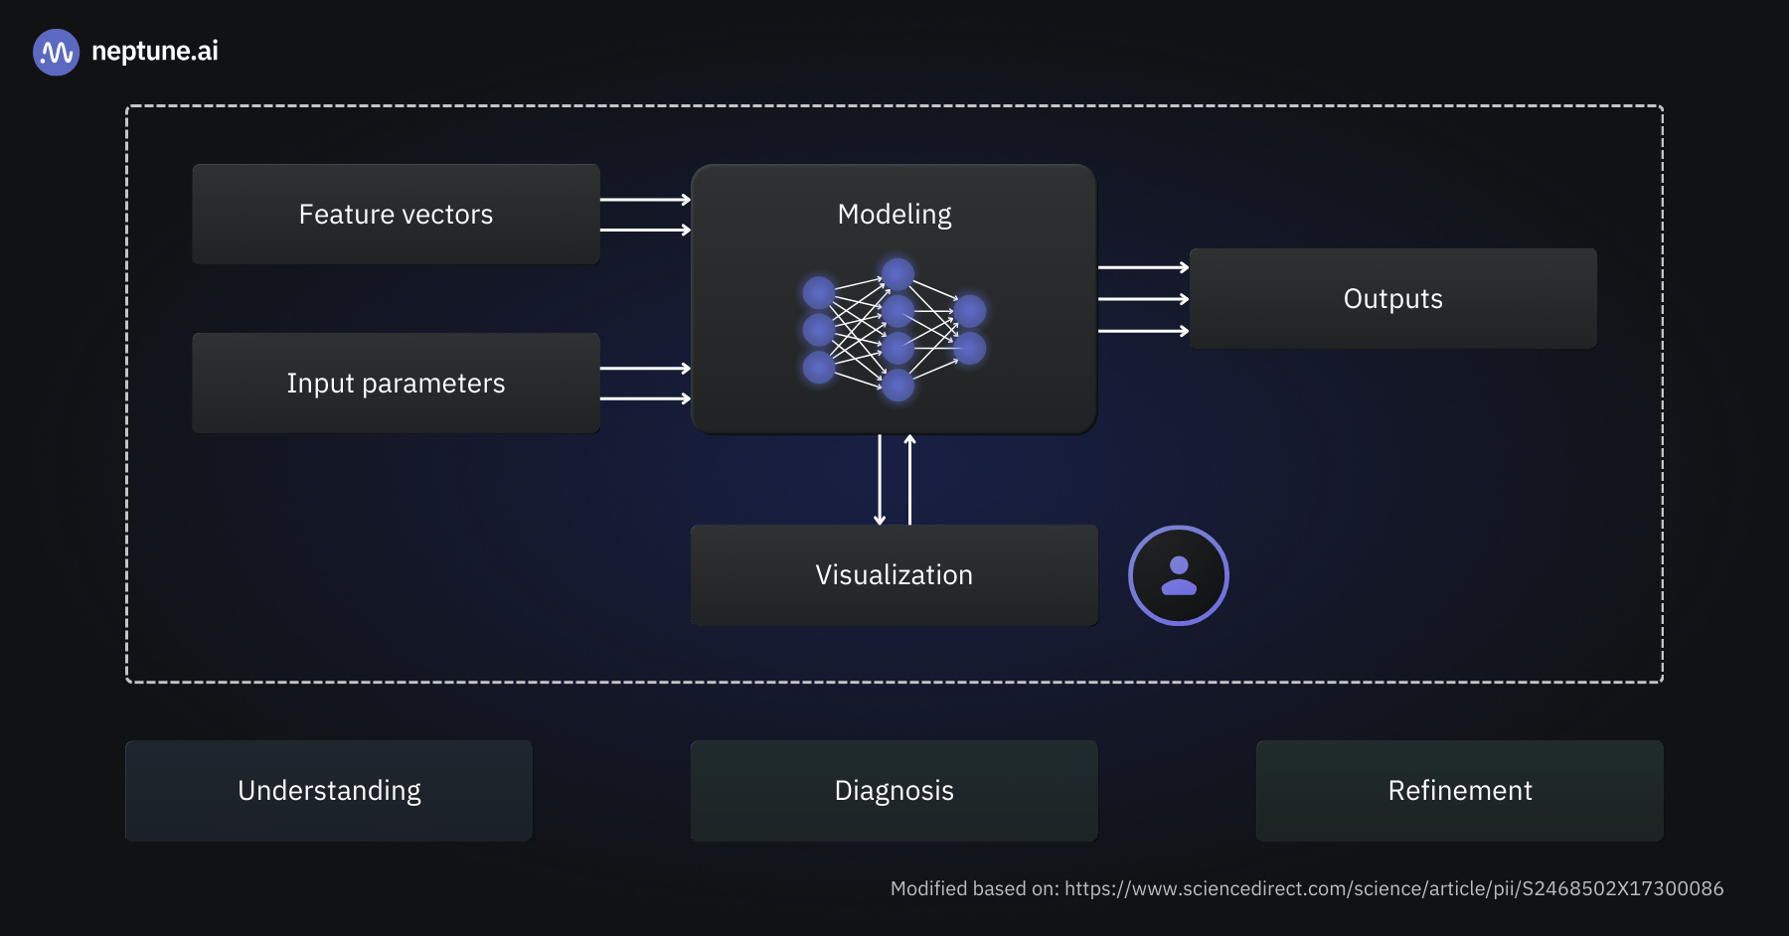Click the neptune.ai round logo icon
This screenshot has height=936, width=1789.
[56, 52]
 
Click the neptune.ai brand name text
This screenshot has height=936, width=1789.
[154, 51]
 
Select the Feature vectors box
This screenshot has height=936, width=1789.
[396, 215]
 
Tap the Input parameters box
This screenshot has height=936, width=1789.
[396, 384]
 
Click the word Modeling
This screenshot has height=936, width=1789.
[894, 215]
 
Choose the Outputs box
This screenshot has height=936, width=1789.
[1392, 299]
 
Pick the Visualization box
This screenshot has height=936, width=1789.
[894, 575]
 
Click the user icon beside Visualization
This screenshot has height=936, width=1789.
[1179, 575]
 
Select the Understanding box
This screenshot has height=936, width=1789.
[329, 791]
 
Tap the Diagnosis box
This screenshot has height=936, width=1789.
[894, 791]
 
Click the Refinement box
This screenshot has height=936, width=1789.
[1459, 791]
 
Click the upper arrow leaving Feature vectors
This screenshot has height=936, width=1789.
[645, 200]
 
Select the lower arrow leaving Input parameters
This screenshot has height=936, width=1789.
[645, 398]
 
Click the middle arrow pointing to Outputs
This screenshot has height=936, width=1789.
[1143, 299]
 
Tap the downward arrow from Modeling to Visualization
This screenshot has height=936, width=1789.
[880, 480]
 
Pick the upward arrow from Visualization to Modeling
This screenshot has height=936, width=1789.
[909, 480]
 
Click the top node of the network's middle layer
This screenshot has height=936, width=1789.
[897, 273]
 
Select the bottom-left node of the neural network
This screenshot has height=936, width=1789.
[819, 367]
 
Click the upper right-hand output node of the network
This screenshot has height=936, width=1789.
[969, 311]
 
